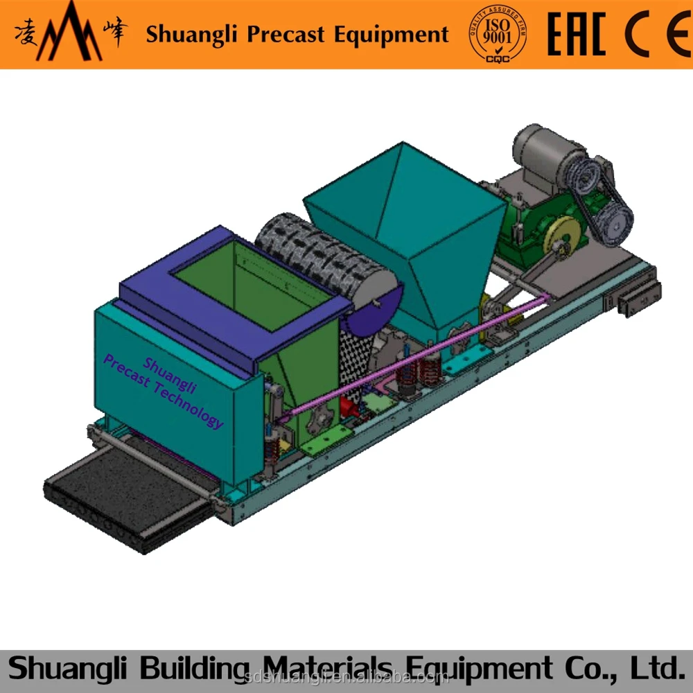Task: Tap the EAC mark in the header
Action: pyautogui.click(x=576, y=33)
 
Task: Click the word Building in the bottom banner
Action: pyautogui.click(x=185, y=668)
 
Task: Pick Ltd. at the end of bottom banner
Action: pyautogui.click(x=651, y=668)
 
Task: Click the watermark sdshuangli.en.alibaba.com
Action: pyautogui.click(x=346, y=676)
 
